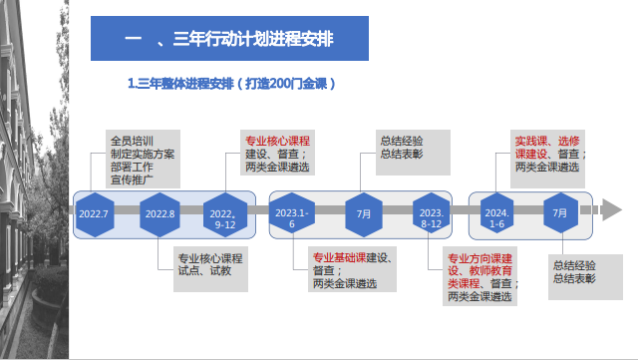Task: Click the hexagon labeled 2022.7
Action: tap(95, 214)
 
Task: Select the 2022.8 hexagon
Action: tap(159, 214)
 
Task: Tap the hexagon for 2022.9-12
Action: tap(225, 214)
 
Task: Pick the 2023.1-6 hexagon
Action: tap(292, 213)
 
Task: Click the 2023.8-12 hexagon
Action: tap(431, 213)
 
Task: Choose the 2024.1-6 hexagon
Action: tap(496, 213)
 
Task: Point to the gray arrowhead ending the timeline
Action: tap(611, 209)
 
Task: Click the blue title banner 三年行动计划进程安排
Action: tap(229, 38)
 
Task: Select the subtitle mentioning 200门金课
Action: tap(231, 84)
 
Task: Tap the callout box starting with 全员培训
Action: tap(143, 160)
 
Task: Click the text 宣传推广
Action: tap(132, 180)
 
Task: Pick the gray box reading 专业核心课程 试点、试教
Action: tap(210, 269)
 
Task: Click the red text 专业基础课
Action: tap(339, 257)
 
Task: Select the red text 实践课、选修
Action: tap(547, 142)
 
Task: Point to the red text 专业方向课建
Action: tap(479, 258)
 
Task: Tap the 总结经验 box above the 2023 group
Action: tap(413, 153)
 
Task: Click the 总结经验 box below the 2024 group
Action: tap(585, 277)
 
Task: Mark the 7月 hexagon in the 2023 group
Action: tap(364, 214)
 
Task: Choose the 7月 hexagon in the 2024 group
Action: tap(560, 213)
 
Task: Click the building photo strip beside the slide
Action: tap(34, 180)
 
